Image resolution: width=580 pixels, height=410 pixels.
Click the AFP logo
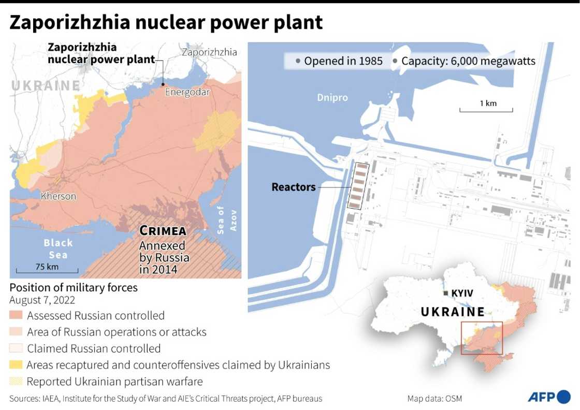pyautogui.click(x=548, y=397)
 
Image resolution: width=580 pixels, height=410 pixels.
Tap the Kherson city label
pyautogui.click(x=59, y=196)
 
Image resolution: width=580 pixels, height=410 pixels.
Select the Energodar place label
pyautogui.click(x=187, y=93)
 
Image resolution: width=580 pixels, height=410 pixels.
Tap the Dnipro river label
pyautogui.click(x=332, y=98)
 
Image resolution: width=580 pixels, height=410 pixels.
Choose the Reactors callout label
pyautogui.click(x=294, y=187)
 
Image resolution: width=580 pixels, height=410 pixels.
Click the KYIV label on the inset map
pyautogui.click(x=462, y=294)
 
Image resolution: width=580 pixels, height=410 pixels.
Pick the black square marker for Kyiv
pyautogui.click(x=446, y=294)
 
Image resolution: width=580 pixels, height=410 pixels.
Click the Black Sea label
pyautogui.click(x=58, y=248)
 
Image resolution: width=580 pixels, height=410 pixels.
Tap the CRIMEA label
pyautogui.click(x=163, y=231)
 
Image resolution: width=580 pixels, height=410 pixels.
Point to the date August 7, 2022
pyautogui.click(x=42, y=300)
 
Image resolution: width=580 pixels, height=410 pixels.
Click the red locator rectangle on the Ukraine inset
pyautogui.click(x=482, y=338)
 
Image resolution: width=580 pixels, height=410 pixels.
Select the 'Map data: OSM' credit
pyautogui.click(x=434, y=399)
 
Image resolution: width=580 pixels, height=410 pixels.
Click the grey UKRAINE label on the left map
pyautogui.click(x=46, y=86)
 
